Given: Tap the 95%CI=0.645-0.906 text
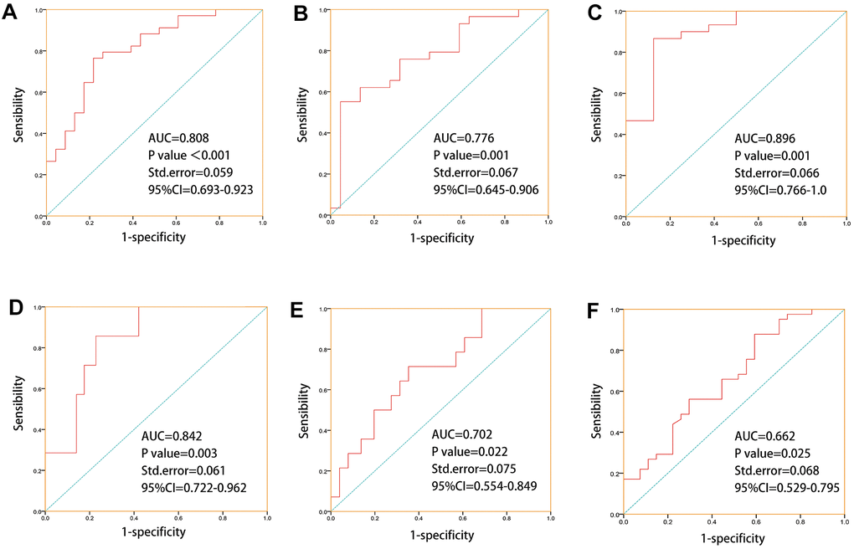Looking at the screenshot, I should click(x=486, y=191).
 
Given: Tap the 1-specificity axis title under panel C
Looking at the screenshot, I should click(x=743, y=239).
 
